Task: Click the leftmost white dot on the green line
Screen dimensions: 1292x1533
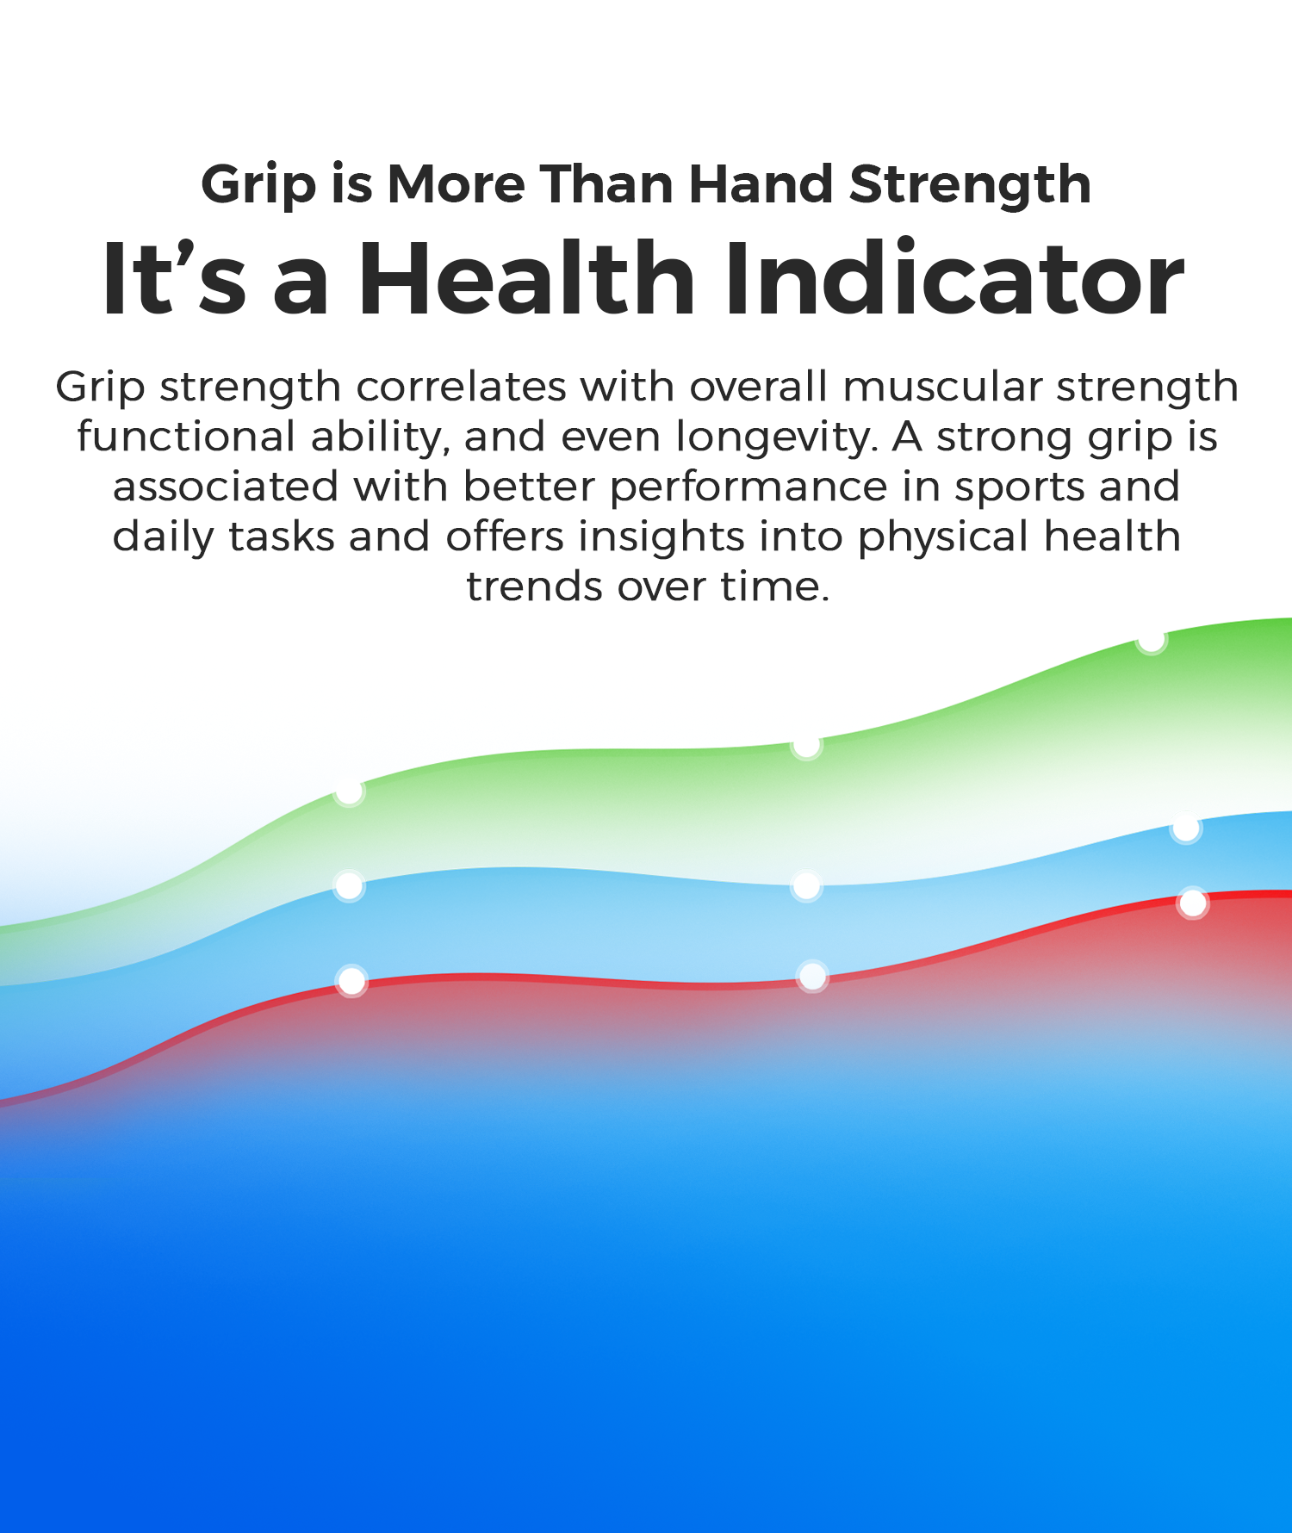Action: [349, 791]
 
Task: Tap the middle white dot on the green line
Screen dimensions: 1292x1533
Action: [806, 745]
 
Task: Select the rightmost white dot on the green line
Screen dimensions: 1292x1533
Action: [1152, 641]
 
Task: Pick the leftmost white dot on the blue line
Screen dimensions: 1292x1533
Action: [349, 885]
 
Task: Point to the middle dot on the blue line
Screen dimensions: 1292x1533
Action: [806, 885]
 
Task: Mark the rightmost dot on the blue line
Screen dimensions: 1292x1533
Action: [1186, 829]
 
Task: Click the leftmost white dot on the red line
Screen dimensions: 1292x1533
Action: [351, 980]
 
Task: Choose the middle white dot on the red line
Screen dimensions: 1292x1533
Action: [812, 976]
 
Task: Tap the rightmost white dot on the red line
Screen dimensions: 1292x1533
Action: [1193, 903]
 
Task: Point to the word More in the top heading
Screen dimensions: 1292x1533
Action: [457, 184]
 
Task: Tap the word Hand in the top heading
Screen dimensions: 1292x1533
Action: [761, 184]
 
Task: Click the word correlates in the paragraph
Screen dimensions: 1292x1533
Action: [462, 387]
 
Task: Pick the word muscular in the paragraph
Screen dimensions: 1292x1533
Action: [942, 387]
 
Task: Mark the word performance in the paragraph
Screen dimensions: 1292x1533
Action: [748, 488]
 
